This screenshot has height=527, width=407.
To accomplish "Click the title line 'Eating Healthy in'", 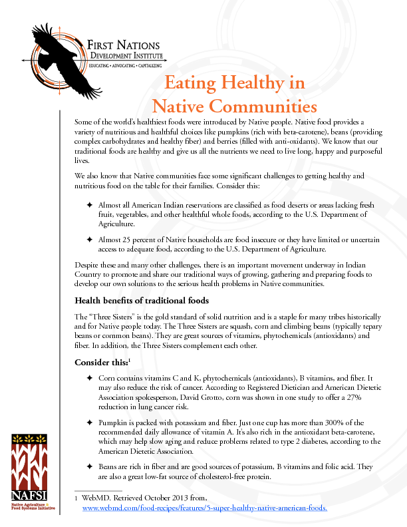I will [235, 83].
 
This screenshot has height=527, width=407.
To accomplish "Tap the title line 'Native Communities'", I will [234, 105].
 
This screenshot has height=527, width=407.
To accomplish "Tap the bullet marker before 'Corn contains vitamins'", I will [89, 378].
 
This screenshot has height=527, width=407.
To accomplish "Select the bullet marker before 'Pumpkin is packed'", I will [89, 423].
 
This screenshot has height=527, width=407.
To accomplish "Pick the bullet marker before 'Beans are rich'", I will [89, 466].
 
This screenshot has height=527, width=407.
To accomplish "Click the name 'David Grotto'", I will [191, 397].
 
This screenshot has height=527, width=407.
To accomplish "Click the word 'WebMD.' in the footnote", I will [95, 498].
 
